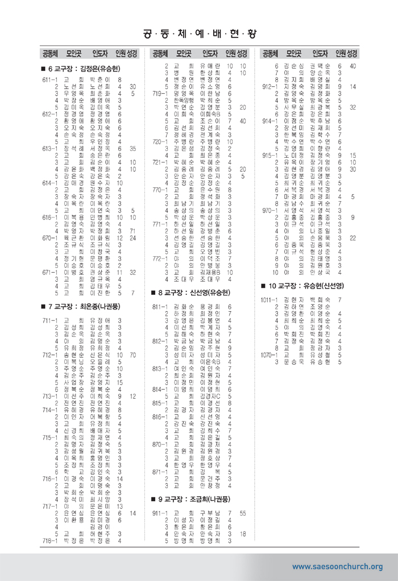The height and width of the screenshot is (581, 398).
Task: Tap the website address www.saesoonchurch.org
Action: pyautogui.click(x=337, y=566)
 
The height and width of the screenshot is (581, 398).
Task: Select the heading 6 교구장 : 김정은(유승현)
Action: pyautogui.click(x=83, y=69)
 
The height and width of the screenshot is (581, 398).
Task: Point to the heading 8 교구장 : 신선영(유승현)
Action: pyautogui.click(x=193, y=292)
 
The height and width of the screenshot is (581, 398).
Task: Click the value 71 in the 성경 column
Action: pyautogui.click(x=132, y=231)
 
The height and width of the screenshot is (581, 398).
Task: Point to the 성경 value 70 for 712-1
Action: pyautogui.click(x=132, y=355)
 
